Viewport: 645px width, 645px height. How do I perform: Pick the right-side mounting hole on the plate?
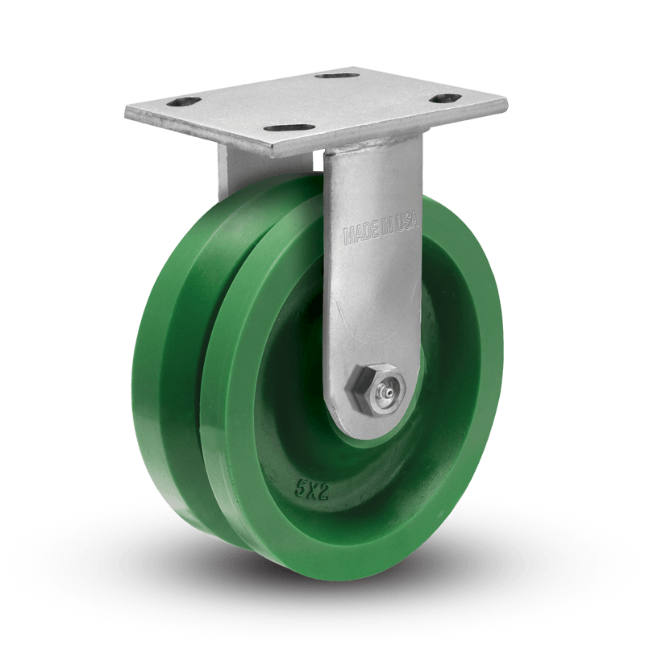[x=444, y=98]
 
